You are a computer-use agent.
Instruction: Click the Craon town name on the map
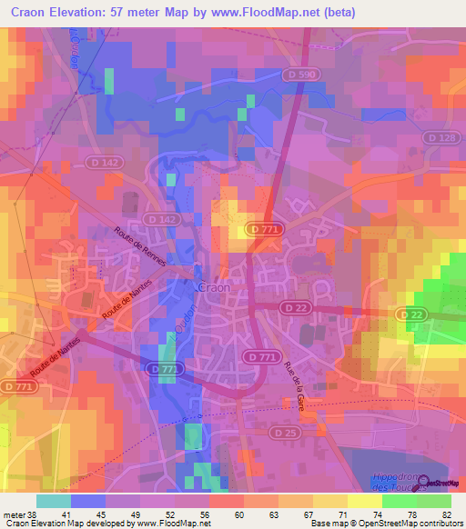(214, 286)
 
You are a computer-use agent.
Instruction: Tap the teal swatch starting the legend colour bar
(53, 501)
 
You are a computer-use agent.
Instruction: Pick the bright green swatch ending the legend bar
(434, 501)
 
